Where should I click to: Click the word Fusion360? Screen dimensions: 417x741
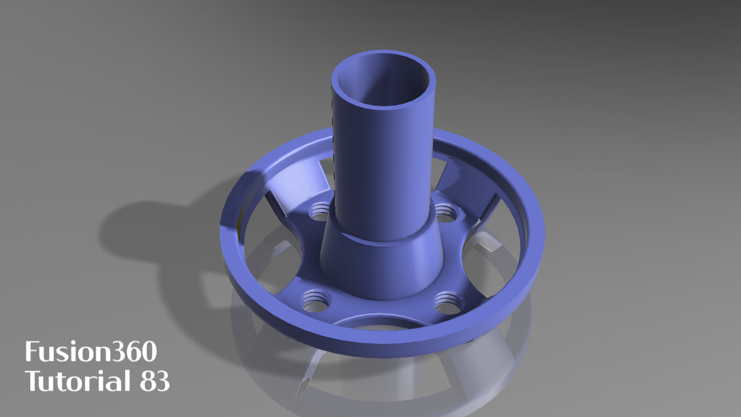point(91,352)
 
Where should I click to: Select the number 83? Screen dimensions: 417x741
point(155,381)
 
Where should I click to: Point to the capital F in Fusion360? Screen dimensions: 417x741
point(31,352)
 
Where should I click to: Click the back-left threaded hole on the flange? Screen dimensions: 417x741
point(320,210)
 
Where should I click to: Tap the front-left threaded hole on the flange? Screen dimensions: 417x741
point(315,300)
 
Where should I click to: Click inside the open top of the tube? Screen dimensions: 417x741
point(383,83)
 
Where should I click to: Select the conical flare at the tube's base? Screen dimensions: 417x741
point(380,264)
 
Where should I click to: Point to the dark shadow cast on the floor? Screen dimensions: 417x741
point(154,231)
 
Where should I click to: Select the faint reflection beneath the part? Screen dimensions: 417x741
point(385,385)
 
